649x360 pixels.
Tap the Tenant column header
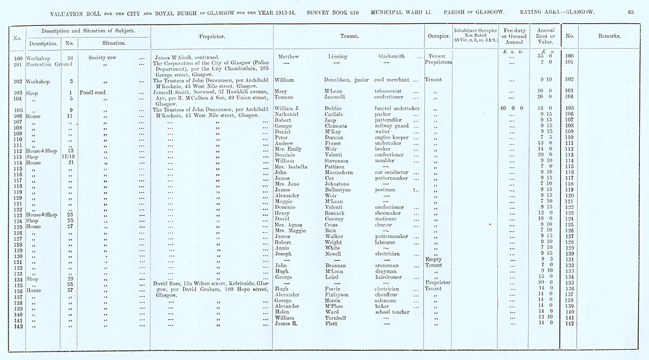click(349, 36)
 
